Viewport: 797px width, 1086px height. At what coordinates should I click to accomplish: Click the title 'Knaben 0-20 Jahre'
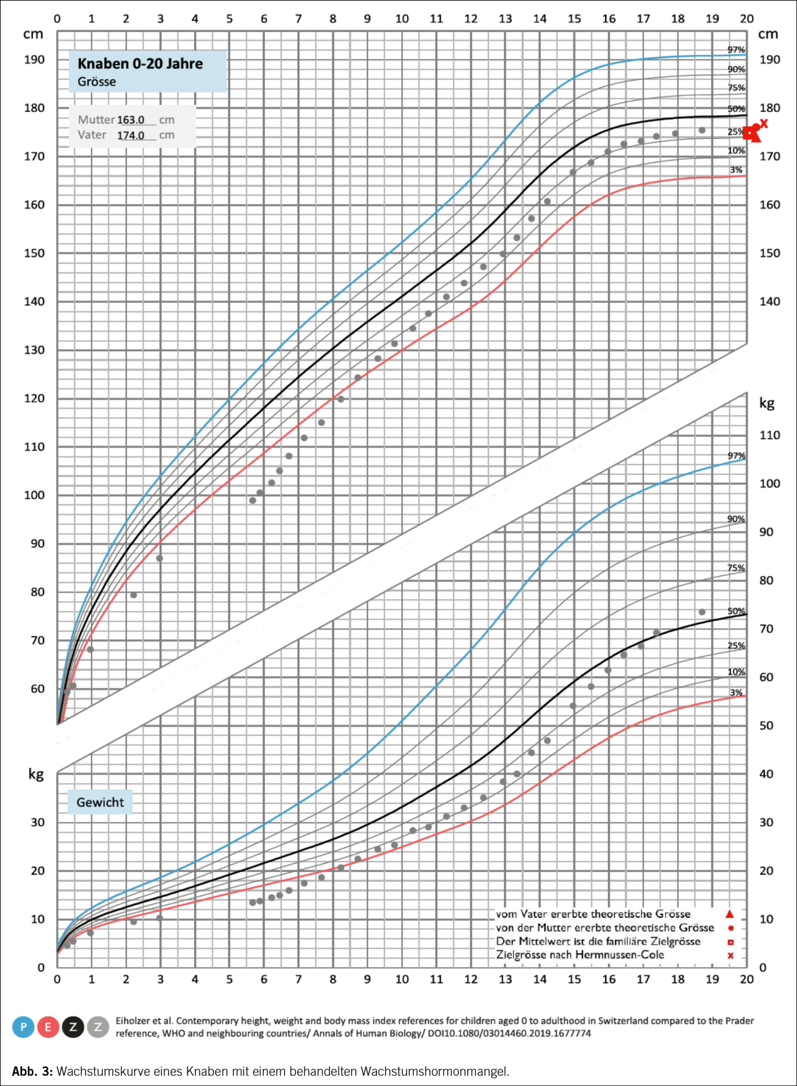pyautogui.click(x=140, y=64)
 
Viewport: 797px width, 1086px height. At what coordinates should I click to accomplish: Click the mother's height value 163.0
pyautogui.click(x=131, y=120)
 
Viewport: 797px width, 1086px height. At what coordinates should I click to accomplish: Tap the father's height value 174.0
pyautogui.click(x=131, y=135)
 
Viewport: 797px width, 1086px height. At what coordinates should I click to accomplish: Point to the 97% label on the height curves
pyautogui.click(x=736, y=50)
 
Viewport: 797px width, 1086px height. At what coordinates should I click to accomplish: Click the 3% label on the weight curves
pyautogui.click(x=736, y=693)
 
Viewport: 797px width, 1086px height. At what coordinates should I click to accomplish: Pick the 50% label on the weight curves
pyautogui.click(x=736, y=611)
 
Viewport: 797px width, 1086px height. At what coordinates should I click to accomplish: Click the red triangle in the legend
pyautogui.click(x=730, y=914)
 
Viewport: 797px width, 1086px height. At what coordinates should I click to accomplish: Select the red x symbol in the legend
pyautogui.click(x=730, y=955)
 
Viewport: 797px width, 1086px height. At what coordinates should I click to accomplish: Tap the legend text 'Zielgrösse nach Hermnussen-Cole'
pyautogui.click(x=580, y=955)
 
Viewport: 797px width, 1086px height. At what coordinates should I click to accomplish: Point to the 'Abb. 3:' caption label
pyautogui.click(x=32, y=1072)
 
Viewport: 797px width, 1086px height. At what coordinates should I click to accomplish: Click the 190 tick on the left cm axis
pyautogui.click(x=34, y=60)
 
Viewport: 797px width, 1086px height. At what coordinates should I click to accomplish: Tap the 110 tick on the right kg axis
pyautogui.click(x=769, y=435)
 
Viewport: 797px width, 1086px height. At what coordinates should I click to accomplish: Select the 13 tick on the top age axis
pyautogui.click(x=505, y=19)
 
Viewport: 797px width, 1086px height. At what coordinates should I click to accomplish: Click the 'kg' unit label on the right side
pyautogui.click(x=766, y=403)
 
